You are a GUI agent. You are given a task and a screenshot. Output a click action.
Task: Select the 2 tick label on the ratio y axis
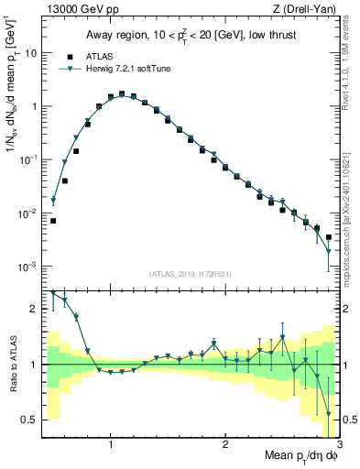pyautogui.click(x=35, y=309)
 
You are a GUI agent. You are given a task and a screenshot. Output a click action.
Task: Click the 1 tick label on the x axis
pyautogui.click(x=111, y=444)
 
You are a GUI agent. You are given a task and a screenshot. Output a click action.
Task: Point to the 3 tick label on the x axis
pyautogui.click(x=338, y=444)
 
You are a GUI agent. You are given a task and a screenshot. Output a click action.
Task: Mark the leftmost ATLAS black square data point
pyautogui.click(x=53, y=221)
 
